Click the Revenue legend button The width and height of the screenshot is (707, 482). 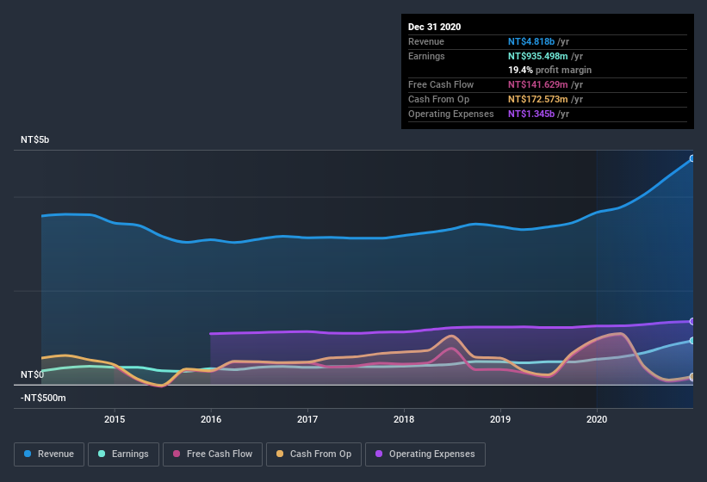pos(49,454)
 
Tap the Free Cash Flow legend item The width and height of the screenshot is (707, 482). pos(213,454)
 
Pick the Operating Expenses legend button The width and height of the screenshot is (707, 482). pos(425,454)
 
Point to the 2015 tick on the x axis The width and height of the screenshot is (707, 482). pos(115,419)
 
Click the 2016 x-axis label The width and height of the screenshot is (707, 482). pos(211,419)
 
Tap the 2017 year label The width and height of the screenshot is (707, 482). pos(307,419)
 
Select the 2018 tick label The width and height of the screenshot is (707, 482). pos(404,419)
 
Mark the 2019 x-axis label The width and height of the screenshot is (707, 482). pos(500,419)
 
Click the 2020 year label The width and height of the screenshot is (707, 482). pos(597,419)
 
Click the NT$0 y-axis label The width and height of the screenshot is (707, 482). pos(33,374)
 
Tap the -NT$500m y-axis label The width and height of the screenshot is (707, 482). pos(43,399)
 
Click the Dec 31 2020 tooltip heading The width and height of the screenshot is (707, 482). pos(435,27)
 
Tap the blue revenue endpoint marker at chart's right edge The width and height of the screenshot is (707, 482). pos(692,158)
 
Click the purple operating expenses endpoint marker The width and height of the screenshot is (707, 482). pos(692,321)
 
